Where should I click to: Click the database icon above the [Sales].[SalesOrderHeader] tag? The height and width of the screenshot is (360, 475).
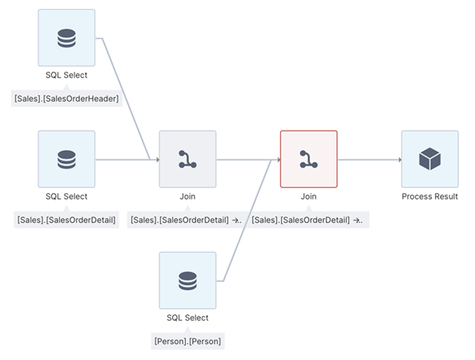click(66, 38)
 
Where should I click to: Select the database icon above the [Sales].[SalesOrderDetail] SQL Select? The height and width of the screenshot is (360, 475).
click(66, 159)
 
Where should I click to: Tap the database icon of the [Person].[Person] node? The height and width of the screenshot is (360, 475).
click(187, 281)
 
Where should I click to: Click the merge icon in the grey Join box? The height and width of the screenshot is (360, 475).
click(187, 159)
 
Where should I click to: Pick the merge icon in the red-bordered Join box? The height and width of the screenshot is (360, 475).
click(308, 159)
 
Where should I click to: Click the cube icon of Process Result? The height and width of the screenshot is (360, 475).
click(429, 159)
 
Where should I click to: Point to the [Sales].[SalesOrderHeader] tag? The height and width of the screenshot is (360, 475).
click(66, 99)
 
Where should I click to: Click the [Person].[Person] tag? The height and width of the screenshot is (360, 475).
click(187, 341)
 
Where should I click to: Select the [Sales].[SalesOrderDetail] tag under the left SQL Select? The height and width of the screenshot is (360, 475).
click(66, 220)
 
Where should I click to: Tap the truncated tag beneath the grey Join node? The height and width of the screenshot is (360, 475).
click(187, 220)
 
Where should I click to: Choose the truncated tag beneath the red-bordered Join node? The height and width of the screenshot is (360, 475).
click(308, 220)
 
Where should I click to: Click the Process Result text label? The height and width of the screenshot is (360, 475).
click(429, 196)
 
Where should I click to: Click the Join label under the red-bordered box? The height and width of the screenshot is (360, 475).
click(308, 196)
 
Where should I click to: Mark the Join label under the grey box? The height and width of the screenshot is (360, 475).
click(187, 196)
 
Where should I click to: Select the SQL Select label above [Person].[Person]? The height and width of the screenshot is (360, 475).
click(187, 318)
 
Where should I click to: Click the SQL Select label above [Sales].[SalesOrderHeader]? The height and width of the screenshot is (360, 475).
click(66, 75)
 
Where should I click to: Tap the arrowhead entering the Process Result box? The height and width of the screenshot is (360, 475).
click(398, 160)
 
